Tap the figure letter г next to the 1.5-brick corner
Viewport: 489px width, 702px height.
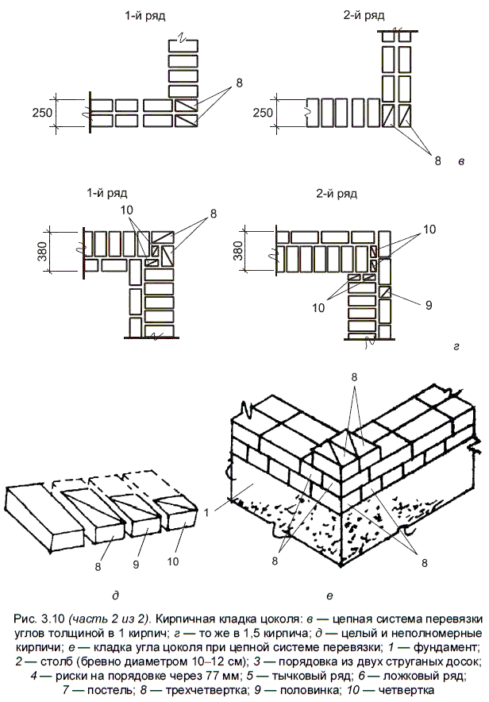(x=456, y=347)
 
